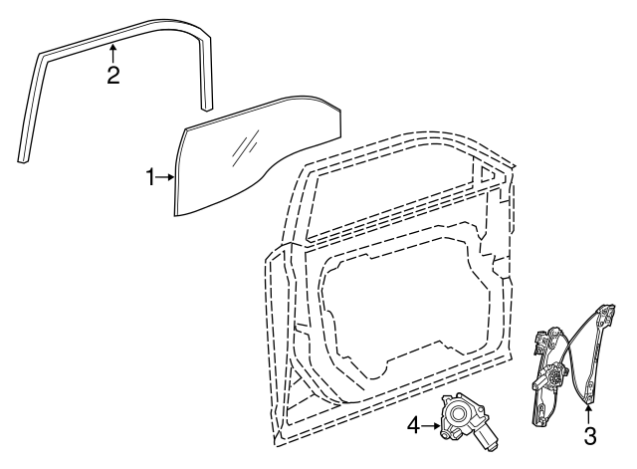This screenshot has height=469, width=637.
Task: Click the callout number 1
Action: tap(150, 177)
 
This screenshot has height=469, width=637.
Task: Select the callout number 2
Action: tap(113, 76)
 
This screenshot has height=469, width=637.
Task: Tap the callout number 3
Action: tap(590, 436)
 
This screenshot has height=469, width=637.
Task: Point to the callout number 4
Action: tap(413, 426)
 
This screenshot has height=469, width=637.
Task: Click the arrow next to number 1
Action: tap(165, 177)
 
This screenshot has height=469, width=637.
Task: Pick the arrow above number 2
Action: tap(113, 54)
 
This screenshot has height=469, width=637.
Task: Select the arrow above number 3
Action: tap(589, 414)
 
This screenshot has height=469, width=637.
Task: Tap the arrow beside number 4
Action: tap(431, 426)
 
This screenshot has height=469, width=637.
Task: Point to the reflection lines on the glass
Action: tap(245, 148)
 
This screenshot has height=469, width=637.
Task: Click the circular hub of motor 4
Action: tap(458, 414)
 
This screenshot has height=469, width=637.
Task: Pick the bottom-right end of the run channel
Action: tap(207, 108)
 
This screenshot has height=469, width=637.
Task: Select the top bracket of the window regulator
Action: tap(606, 314)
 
